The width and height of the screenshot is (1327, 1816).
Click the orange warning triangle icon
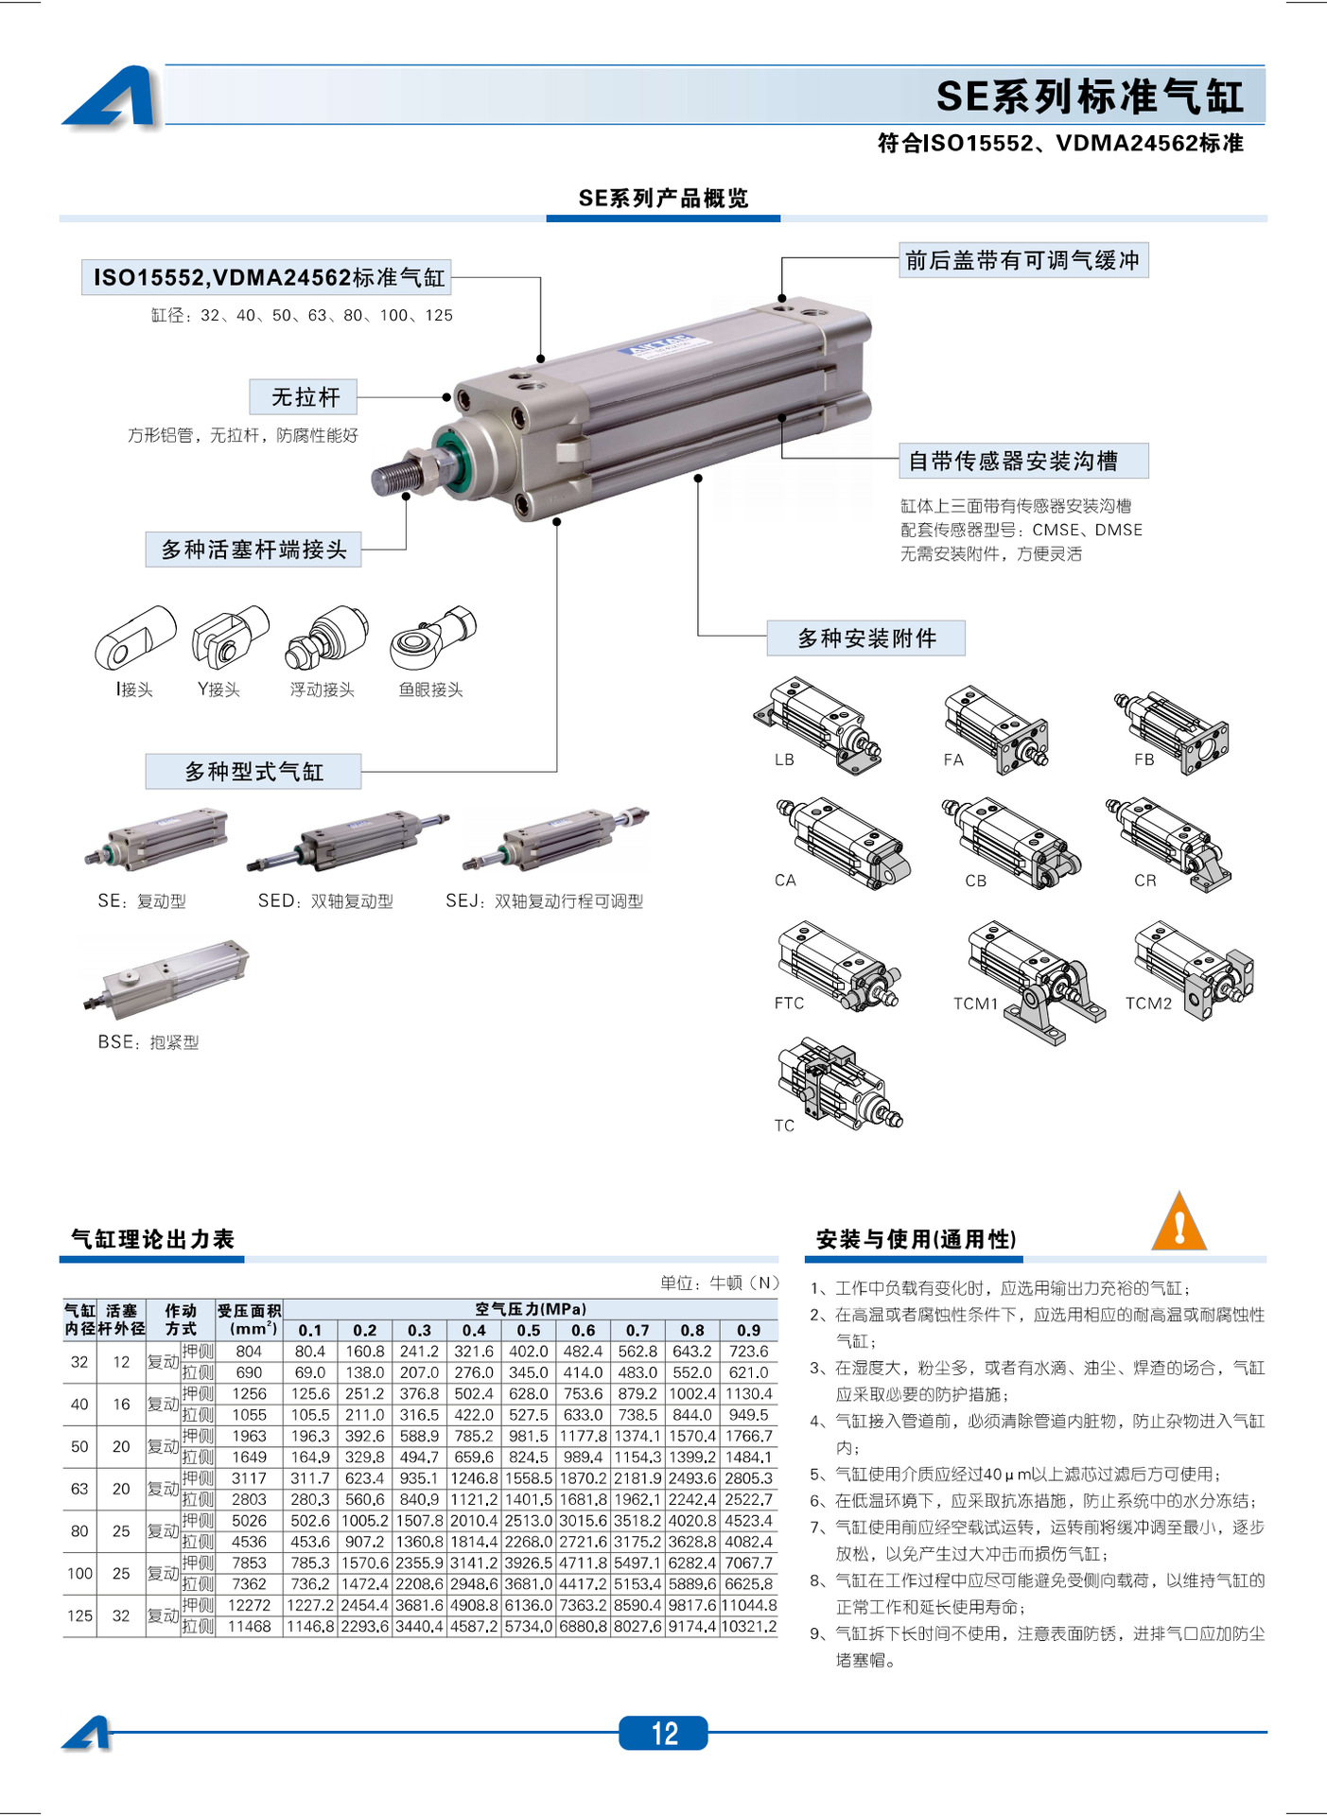(x=1179, y=1222)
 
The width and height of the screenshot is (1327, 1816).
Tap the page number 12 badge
(x=663, y=1733)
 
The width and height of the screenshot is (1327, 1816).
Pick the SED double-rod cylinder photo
(x=347, y=839)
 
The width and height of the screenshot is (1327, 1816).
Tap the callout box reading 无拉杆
(x=304, y=397)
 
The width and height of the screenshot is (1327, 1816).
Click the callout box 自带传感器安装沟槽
(x=1023, y=461)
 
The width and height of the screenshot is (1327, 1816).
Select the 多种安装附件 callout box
(x=865, y=638)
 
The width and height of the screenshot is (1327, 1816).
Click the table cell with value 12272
(x=249, y=1605)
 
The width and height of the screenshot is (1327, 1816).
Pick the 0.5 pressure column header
(x=528, y=1330)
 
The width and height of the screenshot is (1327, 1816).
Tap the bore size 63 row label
(x=79, y=1489)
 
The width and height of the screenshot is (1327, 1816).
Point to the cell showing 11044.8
(x=749, y=1605)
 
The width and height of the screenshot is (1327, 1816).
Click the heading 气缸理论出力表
(x=152, y=1239)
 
